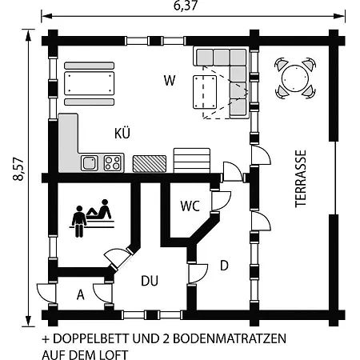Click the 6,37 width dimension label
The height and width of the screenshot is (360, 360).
click(186, 6)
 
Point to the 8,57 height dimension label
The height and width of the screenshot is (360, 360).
click(18, 169)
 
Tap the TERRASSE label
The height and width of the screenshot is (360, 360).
click(301, 178)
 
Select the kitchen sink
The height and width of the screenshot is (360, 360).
click(90, 163)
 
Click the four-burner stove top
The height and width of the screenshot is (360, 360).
click(112, 163)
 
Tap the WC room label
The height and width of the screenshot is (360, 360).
click(190, 206)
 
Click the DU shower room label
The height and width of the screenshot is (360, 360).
click(150, 281)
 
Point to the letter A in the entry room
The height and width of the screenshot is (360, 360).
click(81, 295)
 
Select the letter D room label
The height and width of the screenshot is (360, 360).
click(224, 266)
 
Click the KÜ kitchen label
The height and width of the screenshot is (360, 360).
click(122, 133)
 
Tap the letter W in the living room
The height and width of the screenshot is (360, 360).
click(170, 80)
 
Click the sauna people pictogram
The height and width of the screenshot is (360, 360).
click(91, 218)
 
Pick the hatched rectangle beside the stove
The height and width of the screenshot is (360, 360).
click(150, 163)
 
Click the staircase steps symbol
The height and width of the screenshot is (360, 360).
click(192, 161)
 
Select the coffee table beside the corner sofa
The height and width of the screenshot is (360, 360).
click(205, 92)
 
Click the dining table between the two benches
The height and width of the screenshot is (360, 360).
click(89, 83)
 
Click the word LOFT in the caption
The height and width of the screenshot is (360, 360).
click(114, 354)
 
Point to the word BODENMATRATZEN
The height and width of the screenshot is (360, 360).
click(230, 338)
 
